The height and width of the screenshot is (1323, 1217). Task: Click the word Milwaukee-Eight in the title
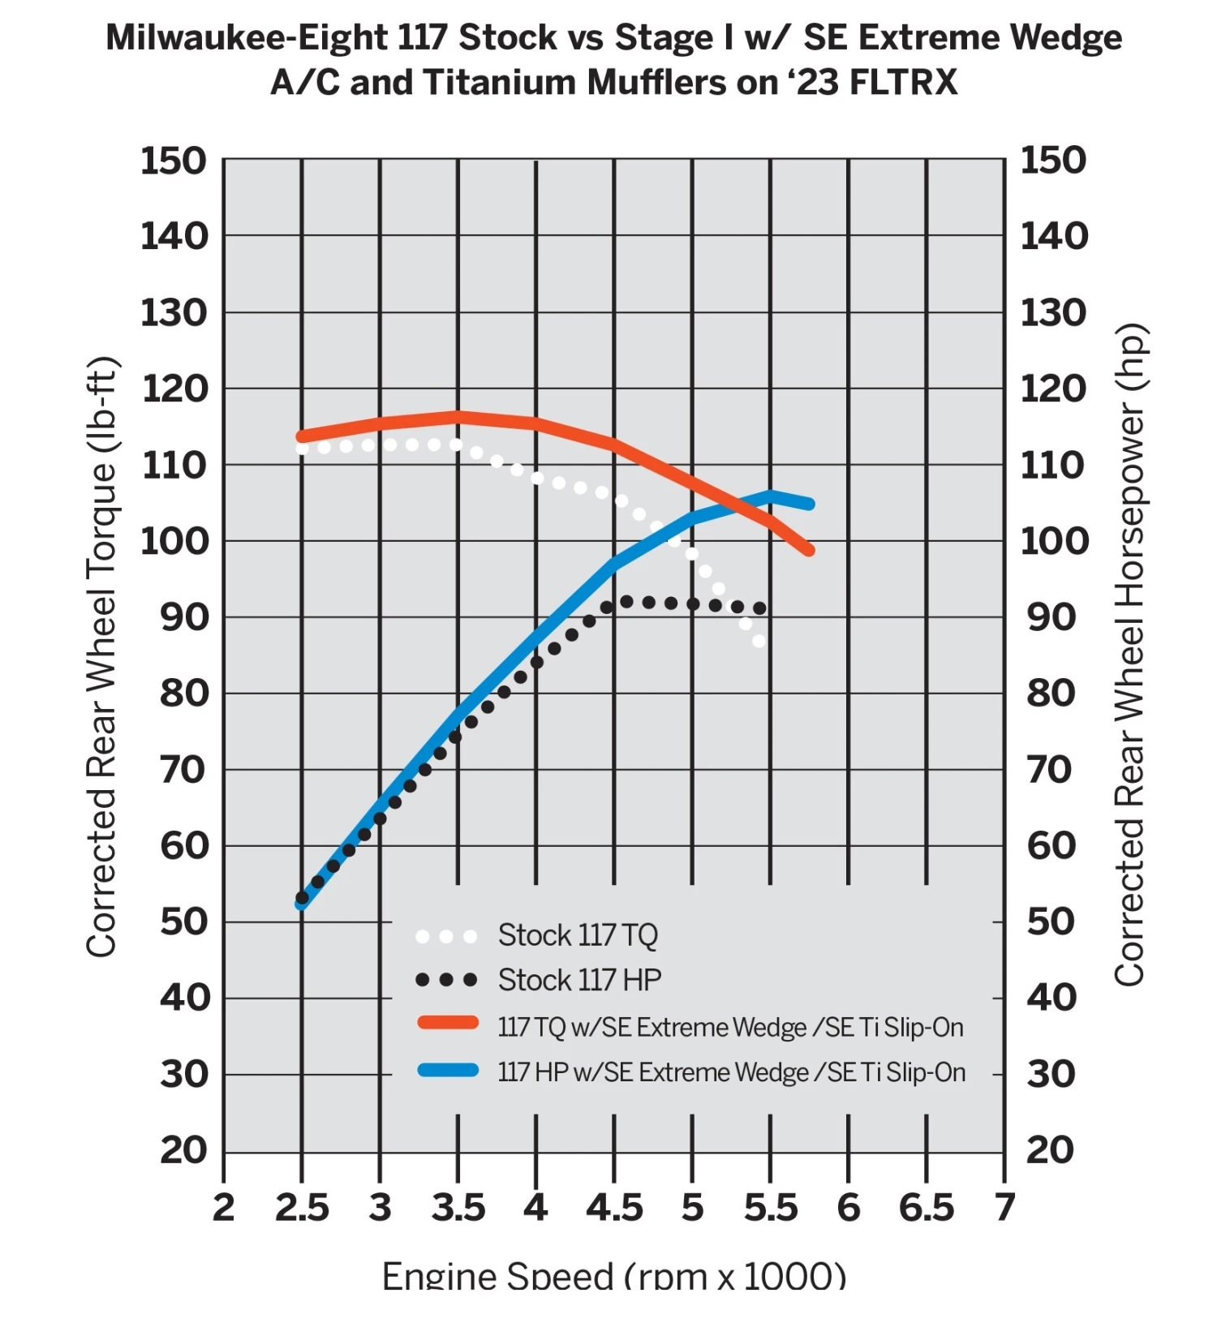pyautogui.click(x=247, y=38)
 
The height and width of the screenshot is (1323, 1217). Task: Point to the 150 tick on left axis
pyautogui.click(x=174, y=161)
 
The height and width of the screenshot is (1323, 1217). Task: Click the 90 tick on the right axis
pyautogui.click(x=1051, y=617)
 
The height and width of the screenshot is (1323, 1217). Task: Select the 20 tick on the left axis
pyautogui.click(x=184, y=1150)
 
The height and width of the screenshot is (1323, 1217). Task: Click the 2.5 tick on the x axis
pyautogui.click(x=302, y=1208)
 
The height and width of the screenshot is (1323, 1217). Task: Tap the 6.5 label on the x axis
pyautogui.click(x=927, y=1208)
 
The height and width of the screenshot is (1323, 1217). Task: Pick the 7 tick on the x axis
pyautogui.click(x=1004, y=1208)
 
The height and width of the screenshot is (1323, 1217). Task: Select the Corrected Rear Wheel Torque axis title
pyautogui.click(x=102, y=657)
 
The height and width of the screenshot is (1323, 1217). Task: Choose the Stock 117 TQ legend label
pyautogui.click(x=578, y=935)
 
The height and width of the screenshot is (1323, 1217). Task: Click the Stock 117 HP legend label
pyautogui.click(x=579, y=980)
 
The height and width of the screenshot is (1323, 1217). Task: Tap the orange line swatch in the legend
pyautogui.click(x=447, y=1023)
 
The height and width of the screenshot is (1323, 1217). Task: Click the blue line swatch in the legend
pyautogui.click(x=447, y=1070)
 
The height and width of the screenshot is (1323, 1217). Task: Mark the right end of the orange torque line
pyautogui.click(x=809, y=551)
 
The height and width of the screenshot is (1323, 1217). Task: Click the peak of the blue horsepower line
pyautogui.click(x=770, y=496)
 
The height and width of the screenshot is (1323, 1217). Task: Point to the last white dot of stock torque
pyautogui.click(x=759, y=642)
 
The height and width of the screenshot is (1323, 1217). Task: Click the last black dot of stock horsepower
pyautogui.click(x=759, y=608)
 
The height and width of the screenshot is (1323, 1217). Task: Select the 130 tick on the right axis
pyautogui.click(x=1052, y=313)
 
